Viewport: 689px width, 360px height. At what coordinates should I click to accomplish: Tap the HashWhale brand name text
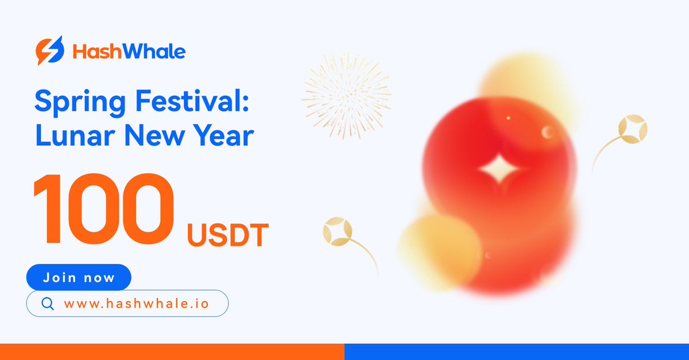pos(129,52)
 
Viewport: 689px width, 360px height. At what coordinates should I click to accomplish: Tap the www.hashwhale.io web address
pos(137,304)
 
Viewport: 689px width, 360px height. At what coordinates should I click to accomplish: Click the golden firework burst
pos(346,95)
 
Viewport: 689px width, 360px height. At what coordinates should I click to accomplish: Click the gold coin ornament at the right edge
pos(633,129)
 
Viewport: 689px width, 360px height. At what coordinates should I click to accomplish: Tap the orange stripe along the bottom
pos(172,351)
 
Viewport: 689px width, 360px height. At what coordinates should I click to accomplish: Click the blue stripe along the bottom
pos(517,351)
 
